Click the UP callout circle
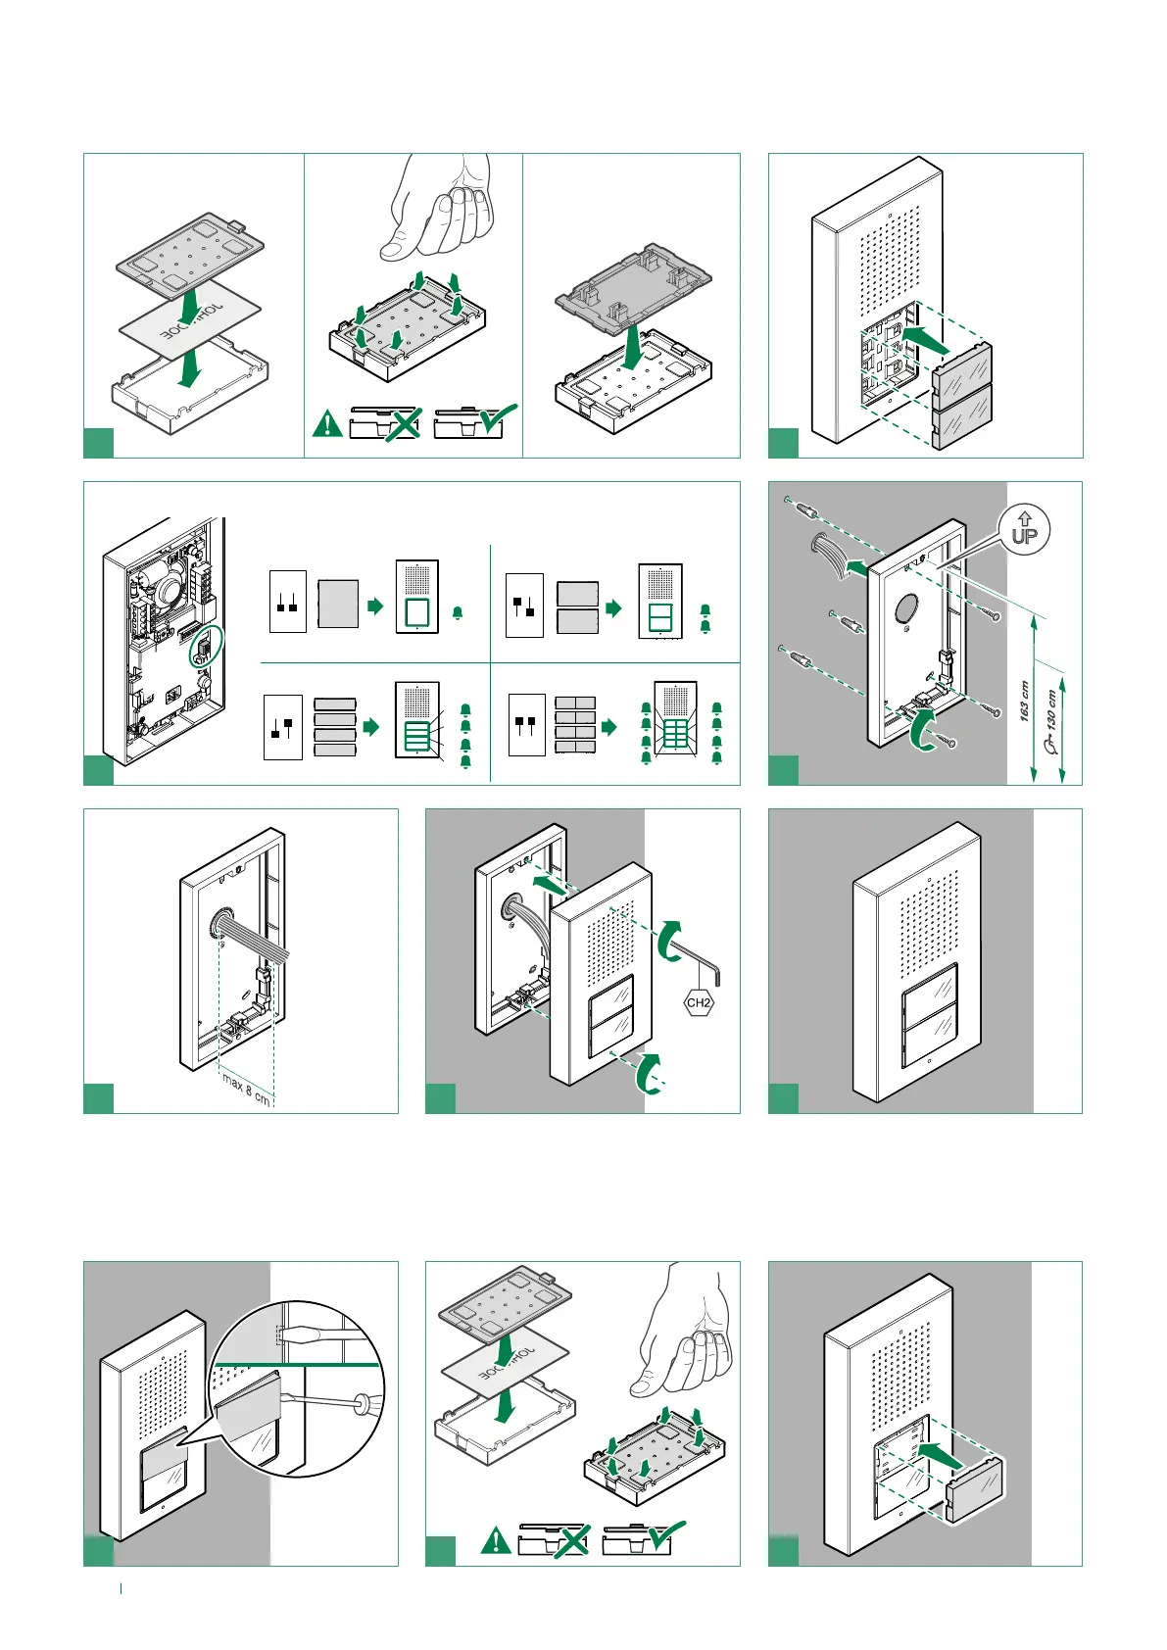click(1024, 530)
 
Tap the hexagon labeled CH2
click(699, 1002)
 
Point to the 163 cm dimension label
click(1024, 702)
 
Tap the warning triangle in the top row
click(326, 424)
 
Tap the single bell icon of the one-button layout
click(458, 613)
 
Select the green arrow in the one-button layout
click(375, 607)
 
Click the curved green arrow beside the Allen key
click(667, 938)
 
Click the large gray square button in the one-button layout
click(338, 604)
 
